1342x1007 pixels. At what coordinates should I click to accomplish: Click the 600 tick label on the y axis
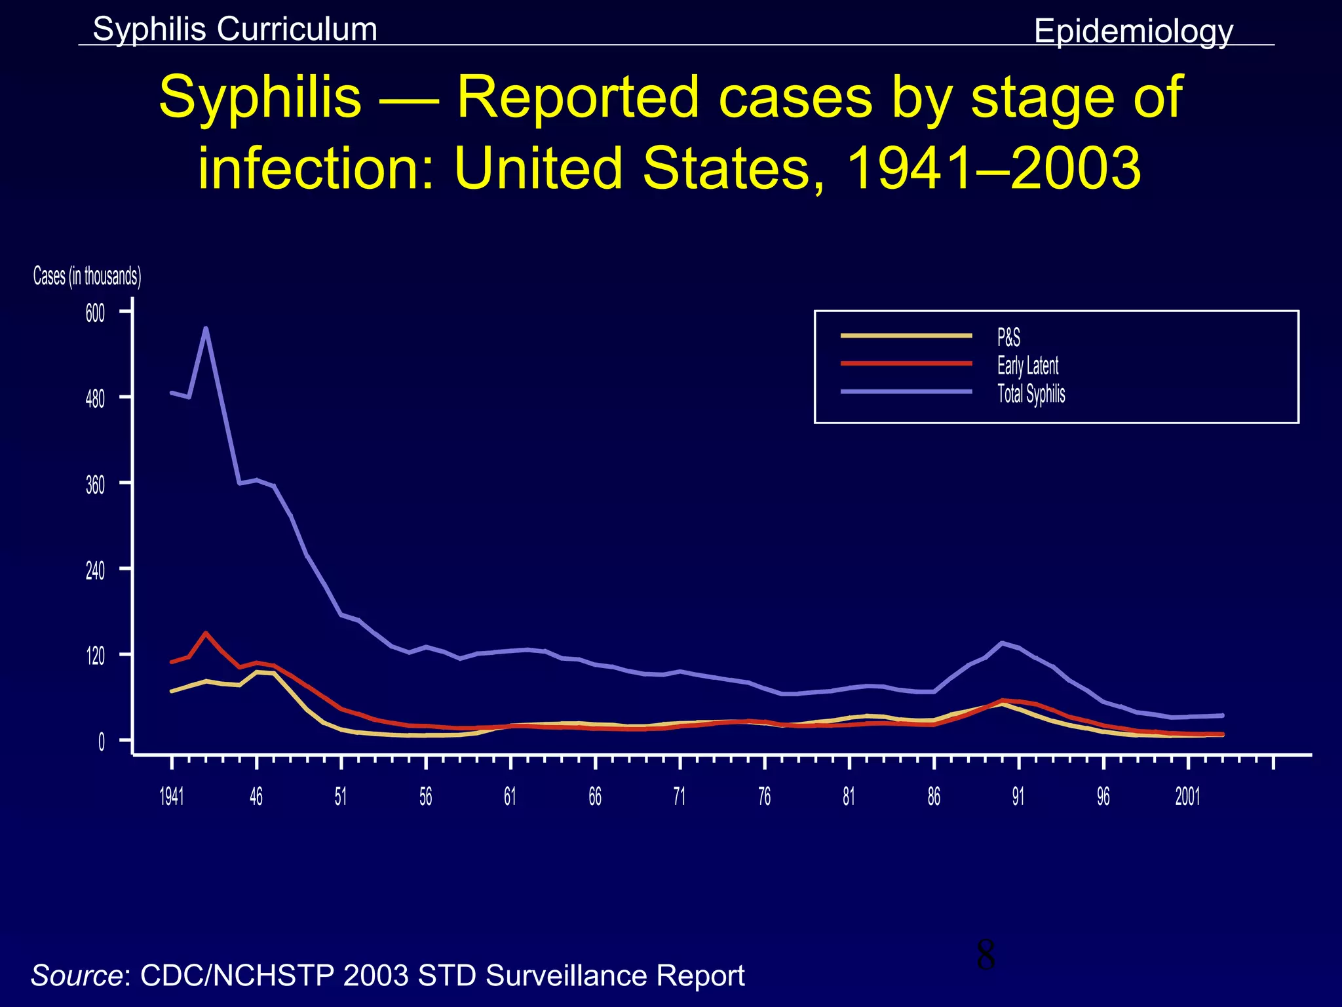(95, 313)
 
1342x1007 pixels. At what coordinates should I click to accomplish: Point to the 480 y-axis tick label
(95, 399)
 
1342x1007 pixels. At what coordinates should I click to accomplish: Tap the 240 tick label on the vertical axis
(95, 570)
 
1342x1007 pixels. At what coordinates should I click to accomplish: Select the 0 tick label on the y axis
(102, 742)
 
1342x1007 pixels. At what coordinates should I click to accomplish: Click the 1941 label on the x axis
(172, 797)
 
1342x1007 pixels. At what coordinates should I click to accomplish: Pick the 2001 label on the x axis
(1187, 797)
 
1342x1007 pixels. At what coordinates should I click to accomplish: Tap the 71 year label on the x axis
(680, 797)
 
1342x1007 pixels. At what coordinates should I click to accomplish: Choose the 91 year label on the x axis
(1018, 797)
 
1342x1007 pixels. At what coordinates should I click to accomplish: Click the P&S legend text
(1008, 338)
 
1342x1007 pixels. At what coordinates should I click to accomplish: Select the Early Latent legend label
(1027, 365)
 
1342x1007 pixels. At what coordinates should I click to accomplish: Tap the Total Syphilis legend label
(1031, 393)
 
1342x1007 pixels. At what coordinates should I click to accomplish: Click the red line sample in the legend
(906, 363)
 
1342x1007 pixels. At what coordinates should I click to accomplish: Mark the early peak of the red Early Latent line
(206, 633)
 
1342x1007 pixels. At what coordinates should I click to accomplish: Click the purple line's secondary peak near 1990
(1002, 642)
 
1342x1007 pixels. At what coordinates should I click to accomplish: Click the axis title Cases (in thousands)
(87, 276)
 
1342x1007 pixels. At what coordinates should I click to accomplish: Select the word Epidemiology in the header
(1133, 31)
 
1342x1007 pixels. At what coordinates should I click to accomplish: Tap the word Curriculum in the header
(296, 29)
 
